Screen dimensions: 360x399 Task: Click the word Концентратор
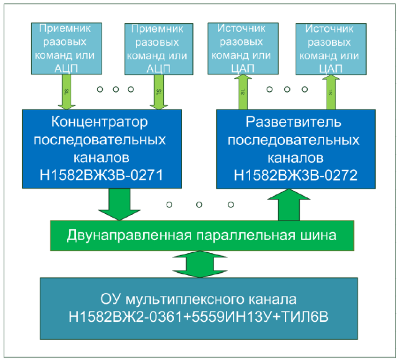pos(100,122)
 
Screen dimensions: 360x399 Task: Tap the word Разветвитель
pos(294,122)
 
